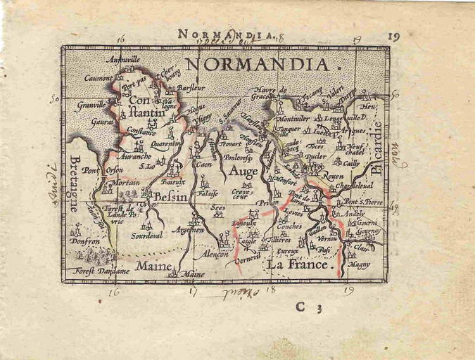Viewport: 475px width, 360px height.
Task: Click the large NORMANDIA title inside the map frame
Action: click(258, 65)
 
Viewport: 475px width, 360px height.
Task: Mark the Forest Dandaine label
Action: click(103, 271)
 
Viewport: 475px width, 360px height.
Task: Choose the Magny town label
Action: click(359, 264)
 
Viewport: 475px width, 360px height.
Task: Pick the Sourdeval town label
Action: click(146, 236)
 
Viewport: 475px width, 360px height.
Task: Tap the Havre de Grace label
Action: click(274, 92)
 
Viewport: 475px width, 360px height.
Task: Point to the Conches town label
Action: click(290, 226)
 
